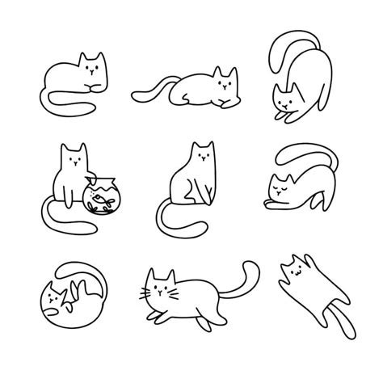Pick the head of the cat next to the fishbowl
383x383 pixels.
coord(74,158)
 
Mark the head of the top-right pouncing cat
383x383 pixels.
coord(285,97)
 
